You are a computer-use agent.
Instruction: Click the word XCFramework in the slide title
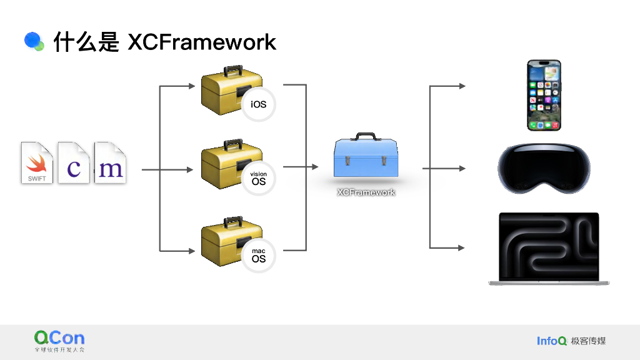point(202,42)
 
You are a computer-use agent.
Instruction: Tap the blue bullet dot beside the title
point(33,41)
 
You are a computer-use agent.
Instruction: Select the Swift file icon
point(37,162)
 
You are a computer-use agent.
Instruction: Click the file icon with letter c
point(74,162)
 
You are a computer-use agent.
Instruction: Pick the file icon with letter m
point(110,162)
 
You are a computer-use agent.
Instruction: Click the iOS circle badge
point(258,104)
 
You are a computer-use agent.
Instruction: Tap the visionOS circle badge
point(258,179)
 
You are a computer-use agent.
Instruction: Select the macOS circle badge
point(258,256)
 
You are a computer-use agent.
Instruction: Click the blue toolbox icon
point(366,155)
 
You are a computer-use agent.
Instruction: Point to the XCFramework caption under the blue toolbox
point(366,192)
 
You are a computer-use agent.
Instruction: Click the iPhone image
point(544,96)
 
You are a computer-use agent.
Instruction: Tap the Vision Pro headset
point(544,168)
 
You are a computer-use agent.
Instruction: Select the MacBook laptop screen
point(549,246)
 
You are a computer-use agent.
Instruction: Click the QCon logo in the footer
point(59,341)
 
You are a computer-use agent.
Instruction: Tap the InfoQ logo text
point(552,341)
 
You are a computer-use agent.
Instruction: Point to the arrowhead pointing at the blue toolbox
point(315,166)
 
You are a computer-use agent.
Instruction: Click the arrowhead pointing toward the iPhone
point(462,86)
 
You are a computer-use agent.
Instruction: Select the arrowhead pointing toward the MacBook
point(462,247)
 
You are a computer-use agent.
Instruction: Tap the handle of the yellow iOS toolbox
point(232,69)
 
